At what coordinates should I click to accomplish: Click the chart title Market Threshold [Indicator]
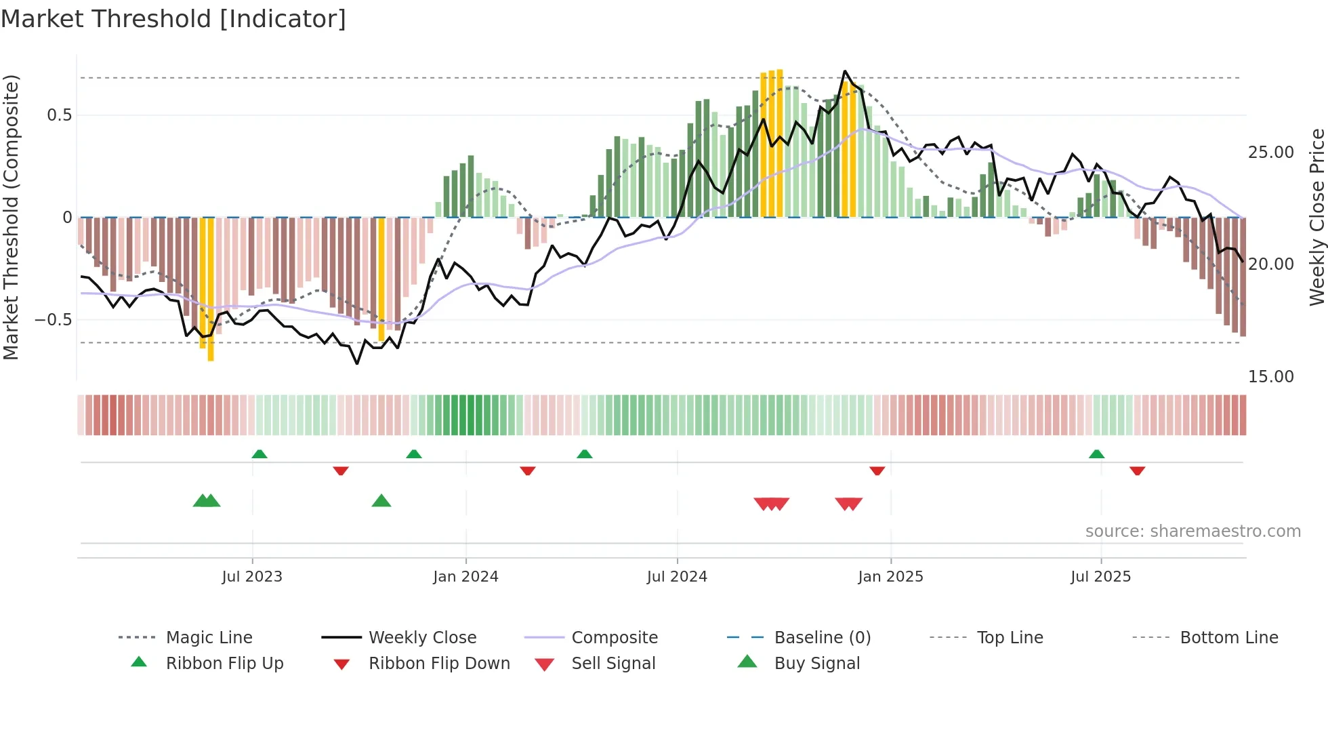click(173, 19)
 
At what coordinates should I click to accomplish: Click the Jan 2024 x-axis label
click(465, 576)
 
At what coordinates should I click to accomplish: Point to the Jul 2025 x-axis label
click(1100, 576)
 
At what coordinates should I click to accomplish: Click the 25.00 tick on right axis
click(1270, 153)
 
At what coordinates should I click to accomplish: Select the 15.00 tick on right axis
click(1270, 376)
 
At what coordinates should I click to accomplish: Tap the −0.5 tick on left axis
click(53, 319)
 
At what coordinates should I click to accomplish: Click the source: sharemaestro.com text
click(1192, 531)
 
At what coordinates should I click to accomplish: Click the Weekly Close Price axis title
click(1316, 217)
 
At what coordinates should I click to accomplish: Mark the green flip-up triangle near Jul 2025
click(1096, 454)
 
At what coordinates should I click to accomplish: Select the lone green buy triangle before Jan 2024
click(381, 501)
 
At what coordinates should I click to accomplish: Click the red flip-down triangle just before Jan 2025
click(877, 470)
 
